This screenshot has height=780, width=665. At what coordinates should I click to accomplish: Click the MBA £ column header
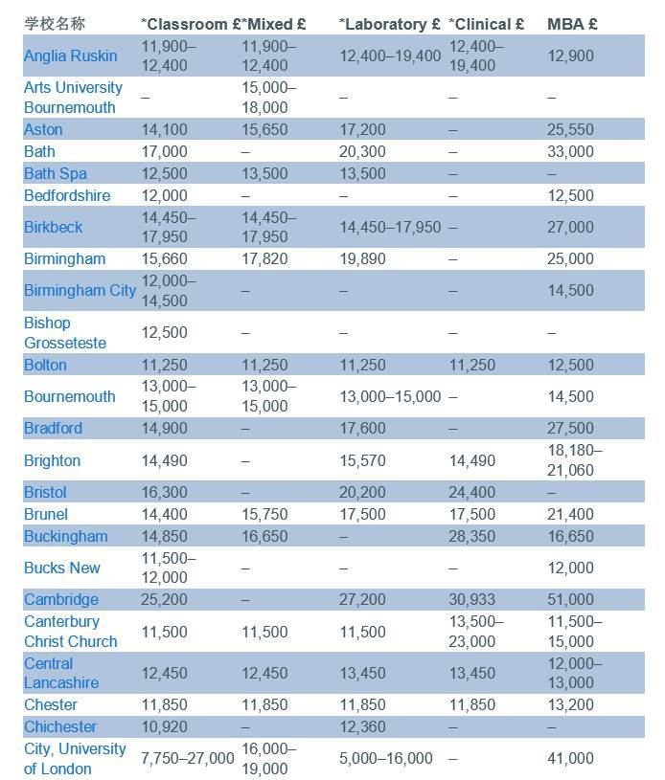(x=572, y=24)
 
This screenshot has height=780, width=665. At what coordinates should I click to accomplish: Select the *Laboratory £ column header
(x=389, y=24)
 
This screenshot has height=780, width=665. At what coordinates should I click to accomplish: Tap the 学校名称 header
(x=54, y=24)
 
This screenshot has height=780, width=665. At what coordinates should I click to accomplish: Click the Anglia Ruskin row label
(x=70, y=56)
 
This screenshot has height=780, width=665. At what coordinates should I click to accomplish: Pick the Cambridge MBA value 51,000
(x=570, y=600)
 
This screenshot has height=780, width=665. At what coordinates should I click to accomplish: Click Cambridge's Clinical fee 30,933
(x=472, y=600)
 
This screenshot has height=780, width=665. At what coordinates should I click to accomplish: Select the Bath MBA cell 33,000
(x=570, y=151)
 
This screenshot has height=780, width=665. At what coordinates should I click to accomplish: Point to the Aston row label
(x=43, y=129)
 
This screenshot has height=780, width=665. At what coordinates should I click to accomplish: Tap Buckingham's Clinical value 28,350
(x=472, y=537)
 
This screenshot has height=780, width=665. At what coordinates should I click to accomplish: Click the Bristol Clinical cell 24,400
(x=472, y=492)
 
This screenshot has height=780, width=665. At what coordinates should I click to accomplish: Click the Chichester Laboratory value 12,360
(x=362, y=727)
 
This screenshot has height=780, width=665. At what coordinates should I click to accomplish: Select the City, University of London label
(x=75, y=758)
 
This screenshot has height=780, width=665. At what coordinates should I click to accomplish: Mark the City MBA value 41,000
(x=570, y=758)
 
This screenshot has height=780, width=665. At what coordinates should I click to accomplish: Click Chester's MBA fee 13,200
(x=570, y=705)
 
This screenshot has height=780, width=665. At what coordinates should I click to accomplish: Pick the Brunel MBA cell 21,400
(x=570, y=515)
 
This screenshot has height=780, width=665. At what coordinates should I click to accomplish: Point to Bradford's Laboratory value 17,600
(x=362, y=429)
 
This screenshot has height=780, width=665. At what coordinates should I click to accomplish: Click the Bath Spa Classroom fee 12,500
(x=165, y=174)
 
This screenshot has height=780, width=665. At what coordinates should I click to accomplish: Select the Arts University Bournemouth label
(x=74, y=98)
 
